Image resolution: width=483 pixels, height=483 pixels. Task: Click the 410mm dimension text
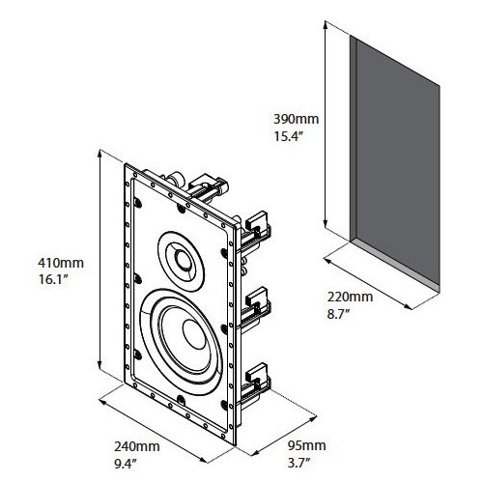coord(43,261)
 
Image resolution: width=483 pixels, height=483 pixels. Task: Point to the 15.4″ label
coord(291,138)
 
